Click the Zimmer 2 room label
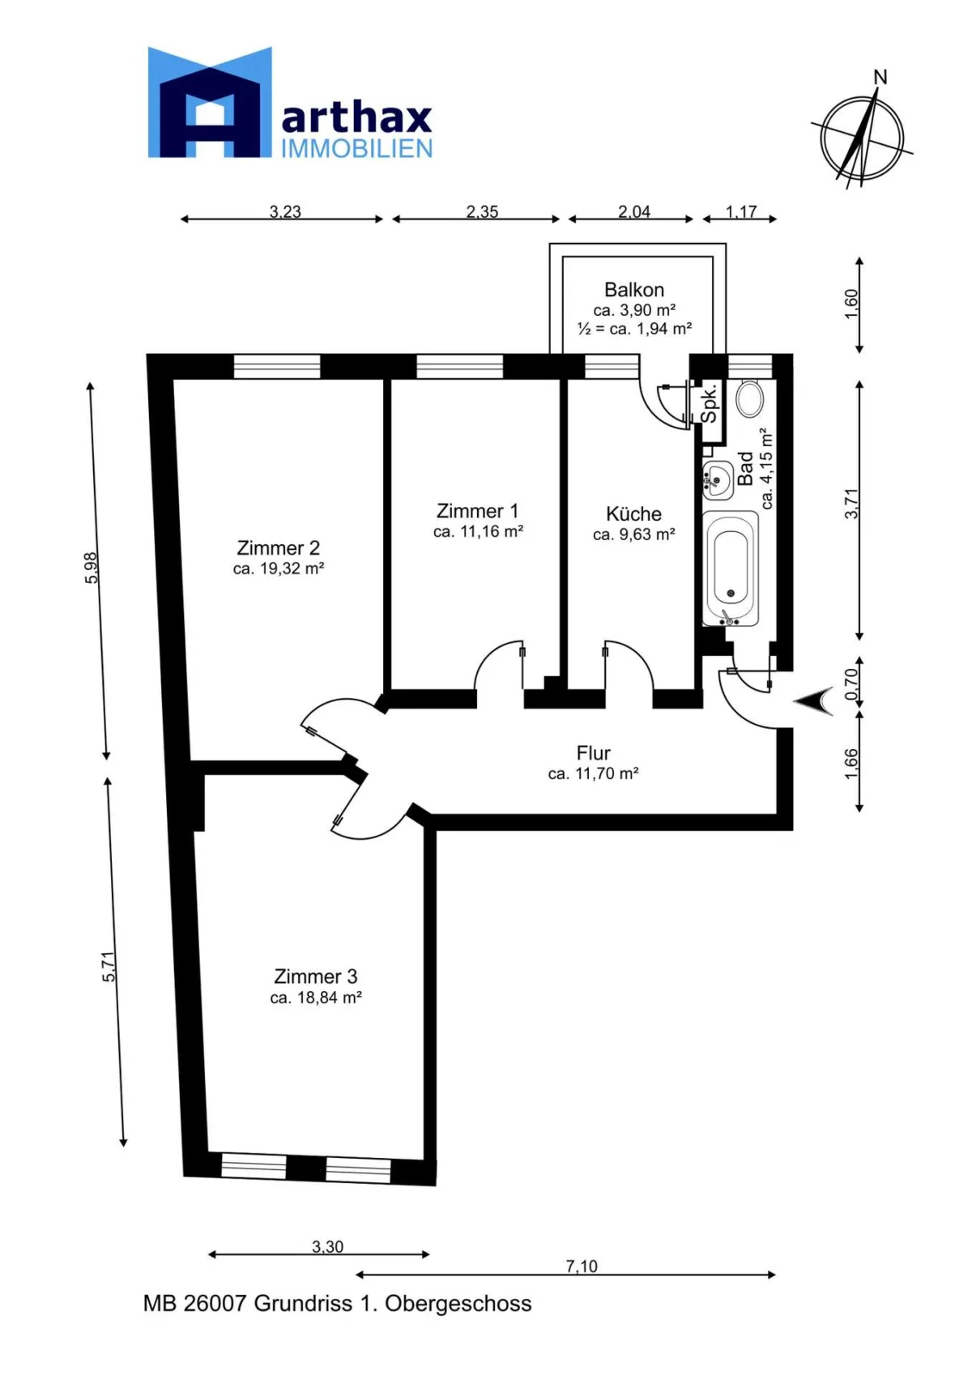(x=278, y=547)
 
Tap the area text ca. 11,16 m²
(x=478, y=531)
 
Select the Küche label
(x=633, y=513)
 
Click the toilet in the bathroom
(x=749, y=398)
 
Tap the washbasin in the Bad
(x=717, y=479)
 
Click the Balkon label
(x=633, y=289)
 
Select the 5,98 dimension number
(x=91, y=568)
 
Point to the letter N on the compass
(x=880, y=78)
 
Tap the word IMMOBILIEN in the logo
(x=356, y=148)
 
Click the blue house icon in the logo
(x=209, y=102)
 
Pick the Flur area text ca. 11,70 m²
(x=593, y=773)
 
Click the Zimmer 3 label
(x=315, y=976)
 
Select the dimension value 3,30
(x=327, y=1247)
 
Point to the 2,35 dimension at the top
(x=482, y=212)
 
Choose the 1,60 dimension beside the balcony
(x=851, y=304)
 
